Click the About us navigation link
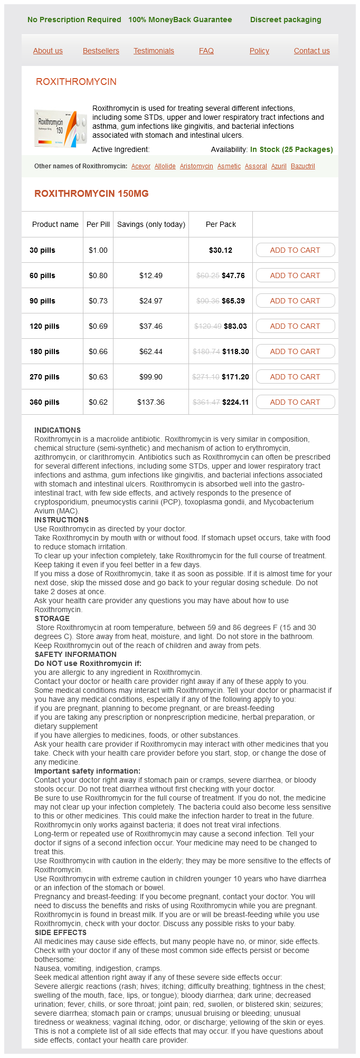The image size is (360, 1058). tap(48, 51)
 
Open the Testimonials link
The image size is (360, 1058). tap(154, 51)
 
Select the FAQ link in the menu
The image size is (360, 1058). tap(206, 51)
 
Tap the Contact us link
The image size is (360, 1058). tap(311, 51)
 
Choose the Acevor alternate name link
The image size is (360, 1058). tap(141, 166)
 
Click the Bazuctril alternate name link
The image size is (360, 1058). tap(302, 166)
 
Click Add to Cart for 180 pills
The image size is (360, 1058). tap(295, 351)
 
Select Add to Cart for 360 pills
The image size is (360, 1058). tap(295, 402)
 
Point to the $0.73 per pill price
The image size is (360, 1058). tap(98, 301)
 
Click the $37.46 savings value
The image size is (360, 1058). tap(151, 326)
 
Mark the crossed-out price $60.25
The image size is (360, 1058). tap(208, 275)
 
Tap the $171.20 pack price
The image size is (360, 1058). tap(235, 377)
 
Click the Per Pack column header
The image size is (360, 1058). tap(221, 224)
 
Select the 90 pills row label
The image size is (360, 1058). tap(42, 301)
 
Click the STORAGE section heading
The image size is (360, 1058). tap(52, 618)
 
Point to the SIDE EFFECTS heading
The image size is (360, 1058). tap(60, 932)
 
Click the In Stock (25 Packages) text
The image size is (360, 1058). tap(291, 149)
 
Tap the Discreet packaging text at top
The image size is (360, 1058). tap(286, 20)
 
